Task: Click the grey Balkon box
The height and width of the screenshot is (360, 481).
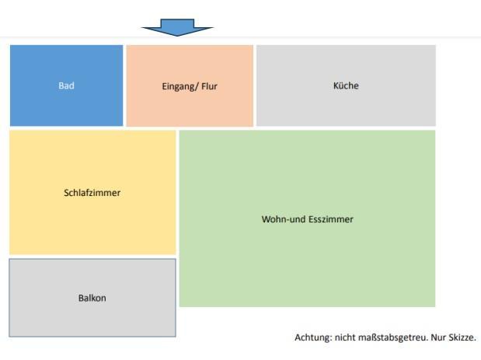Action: click(92, 315)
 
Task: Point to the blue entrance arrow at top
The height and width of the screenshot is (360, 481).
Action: click(177, 27)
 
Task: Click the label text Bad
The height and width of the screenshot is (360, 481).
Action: click(66, 86)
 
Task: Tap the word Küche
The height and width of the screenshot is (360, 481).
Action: click(346, 86)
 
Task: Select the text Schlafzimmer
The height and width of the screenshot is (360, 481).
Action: click(92, 193)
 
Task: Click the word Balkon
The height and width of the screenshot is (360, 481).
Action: click(92, 298)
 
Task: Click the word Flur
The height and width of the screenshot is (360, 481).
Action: click(209, 86)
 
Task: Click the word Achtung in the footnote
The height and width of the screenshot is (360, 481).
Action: click(312, 337)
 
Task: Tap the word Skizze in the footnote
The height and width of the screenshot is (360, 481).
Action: click(459, 337)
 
